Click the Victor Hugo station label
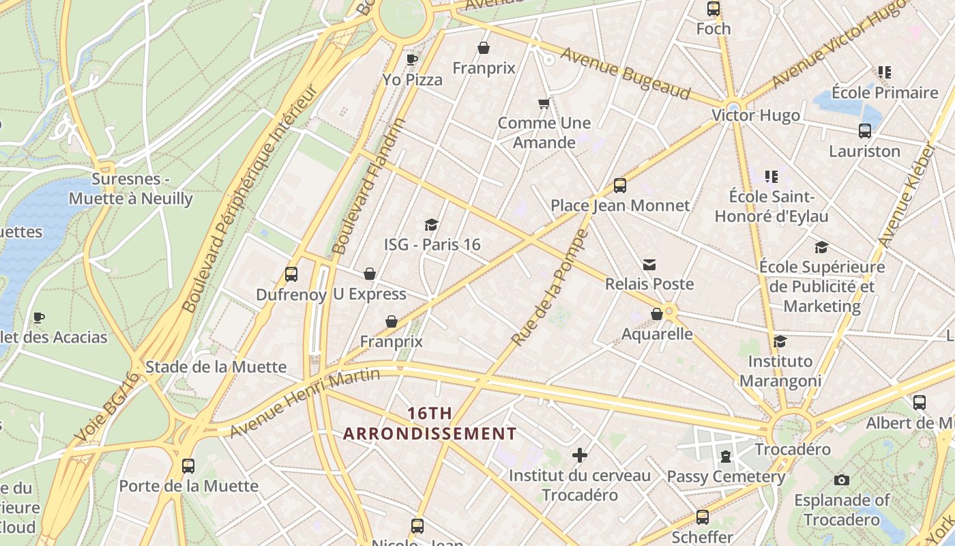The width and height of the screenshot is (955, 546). coord(756,115)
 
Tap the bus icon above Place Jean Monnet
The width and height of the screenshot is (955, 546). coord(619,186)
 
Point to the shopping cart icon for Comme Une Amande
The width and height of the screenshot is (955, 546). coord(544,104)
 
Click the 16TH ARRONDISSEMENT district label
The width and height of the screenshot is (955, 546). coord(430,423)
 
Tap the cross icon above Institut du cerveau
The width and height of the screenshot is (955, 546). coord(580,455)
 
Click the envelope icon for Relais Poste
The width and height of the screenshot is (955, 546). coord(649,264)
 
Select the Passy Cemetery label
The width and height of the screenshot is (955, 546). coord(726,476)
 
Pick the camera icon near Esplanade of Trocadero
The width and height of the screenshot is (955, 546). coord(842,480)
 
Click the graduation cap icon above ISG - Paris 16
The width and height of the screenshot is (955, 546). coord(431,225)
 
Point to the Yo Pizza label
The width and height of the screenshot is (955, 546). coord(412,80)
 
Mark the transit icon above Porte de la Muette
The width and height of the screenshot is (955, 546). coord(188,466)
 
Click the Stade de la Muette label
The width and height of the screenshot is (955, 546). coord(216,367)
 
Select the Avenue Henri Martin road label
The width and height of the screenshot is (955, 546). coord(304,403)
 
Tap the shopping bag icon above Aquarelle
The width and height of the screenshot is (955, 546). coord(656,314)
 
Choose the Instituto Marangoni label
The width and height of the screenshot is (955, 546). coord(780,371)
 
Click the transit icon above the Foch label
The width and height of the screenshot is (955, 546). coord(714,9)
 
